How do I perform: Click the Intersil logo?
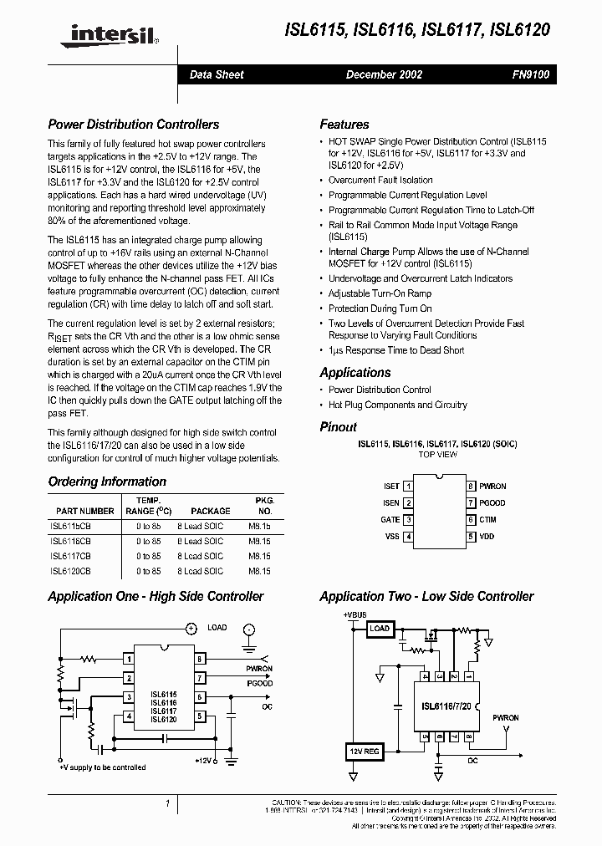[106, 33]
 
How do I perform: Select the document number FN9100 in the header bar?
[530, 74]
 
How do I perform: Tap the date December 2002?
[384, 74]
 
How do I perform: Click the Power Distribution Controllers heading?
[134, 125]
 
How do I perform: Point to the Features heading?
[344, 125]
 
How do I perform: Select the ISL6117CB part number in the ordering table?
[70, 556]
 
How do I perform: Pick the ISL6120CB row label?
[70, 571]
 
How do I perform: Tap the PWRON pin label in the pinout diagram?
[492, 486]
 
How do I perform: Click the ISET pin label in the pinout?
[390, 486]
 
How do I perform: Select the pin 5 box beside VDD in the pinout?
[471, 537]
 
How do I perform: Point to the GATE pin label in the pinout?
[390, 519]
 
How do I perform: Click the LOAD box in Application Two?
[380, 629]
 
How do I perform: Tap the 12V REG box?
[364, 752]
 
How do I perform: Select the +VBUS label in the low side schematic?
[355, 614]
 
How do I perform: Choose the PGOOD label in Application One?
[259, 683]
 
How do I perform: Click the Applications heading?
[355, 373]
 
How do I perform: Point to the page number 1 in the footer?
[168, 804]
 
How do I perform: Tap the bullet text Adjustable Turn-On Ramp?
[380, 293]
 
